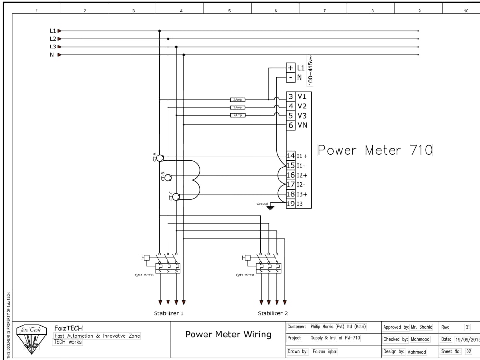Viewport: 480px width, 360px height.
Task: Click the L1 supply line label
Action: click(53, 31)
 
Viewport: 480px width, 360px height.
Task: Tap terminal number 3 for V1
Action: click(291, 96)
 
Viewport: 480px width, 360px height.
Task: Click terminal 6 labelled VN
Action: click(291, 125)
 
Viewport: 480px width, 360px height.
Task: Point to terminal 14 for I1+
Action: click(290, 156)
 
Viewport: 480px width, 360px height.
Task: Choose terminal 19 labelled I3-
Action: click(290, 204)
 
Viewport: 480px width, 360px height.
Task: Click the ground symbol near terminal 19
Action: click(270, 207)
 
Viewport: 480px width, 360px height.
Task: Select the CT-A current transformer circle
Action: click(160, 157)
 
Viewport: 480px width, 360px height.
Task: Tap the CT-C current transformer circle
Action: click(176, 196)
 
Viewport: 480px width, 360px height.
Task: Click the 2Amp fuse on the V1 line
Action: click(238, 100)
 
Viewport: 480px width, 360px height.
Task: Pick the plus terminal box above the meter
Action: click(290, 68)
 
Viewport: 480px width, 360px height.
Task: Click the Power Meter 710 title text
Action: click(375, 150)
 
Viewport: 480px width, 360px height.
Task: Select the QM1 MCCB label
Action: click(144, 276)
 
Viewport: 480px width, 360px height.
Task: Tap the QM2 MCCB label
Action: click(244, 276)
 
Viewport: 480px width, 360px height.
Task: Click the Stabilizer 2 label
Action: click(272, 313)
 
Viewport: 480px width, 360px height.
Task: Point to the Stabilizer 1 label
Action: click(168, 313)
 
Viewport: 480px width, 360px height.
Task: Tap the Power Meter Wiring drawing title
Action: click(228, 335)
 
